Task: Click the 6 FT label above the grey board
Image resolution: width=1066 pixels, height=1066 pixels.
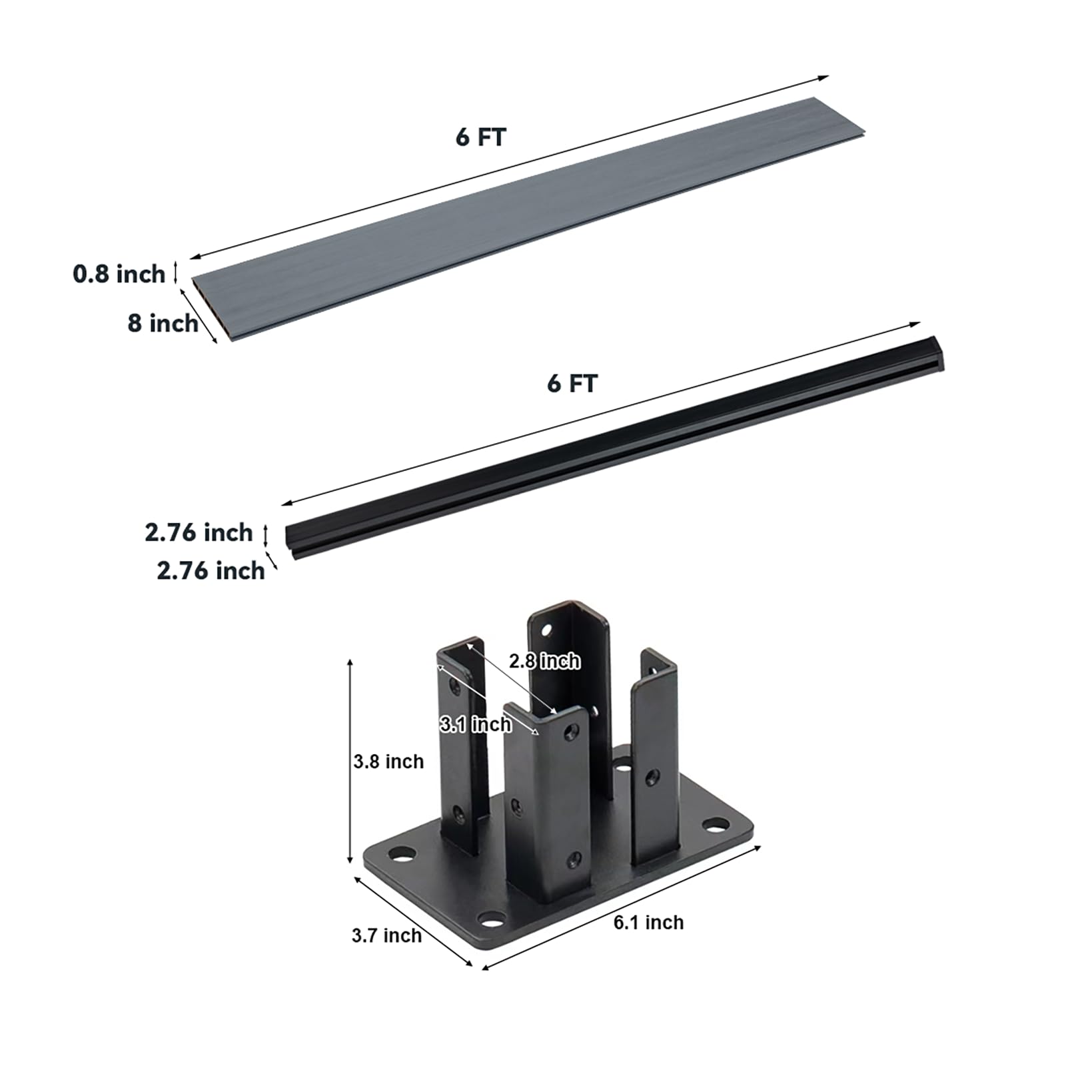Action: pyautogui.click(x=480, y=137)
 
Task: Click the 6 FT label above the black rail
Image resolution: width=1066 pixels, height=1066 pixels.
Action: pyautogui.click(x=572, y=384)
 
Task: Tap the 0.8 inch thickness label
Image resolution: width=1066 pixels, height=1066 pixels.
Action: pyautogui.click(x=119, y=274)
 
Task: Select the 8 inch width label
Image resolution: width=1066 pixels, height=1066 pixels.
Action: pyautogui.click(x=163, y=323)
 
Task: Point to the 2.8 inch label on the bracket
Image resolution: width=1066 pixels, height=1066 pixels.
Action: pyautogui.click(x=544, y=661)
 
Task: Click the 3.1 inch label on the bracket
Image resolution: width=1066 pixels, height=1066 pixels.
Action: pyautogui.click(x=476, y=724)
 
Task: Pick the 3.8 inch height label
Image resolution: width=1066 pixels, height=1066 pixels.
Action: pyautogui.click(x=388, y=762)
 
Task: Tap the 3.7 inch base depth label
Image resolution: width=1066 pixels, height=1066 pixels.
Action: pyautogui.click(x=386, y=935)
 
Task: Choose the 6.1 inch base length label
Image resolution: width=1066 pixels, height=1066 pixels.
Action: pyautogui.click(x=648, y=923)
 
